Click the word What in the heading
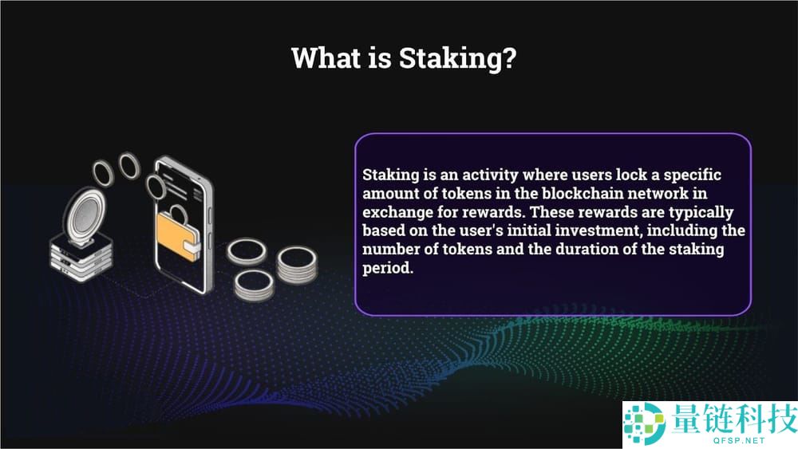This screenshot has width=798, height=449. point(326,57)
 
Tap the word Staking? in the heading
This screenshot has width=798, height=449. point(457,58)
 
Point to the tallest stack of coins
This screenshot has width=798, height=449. point(297,266)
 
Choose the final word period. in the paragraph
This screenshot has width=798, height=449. point(388,269)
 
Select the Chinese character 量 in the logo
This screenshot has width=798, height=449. point(687,419)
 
